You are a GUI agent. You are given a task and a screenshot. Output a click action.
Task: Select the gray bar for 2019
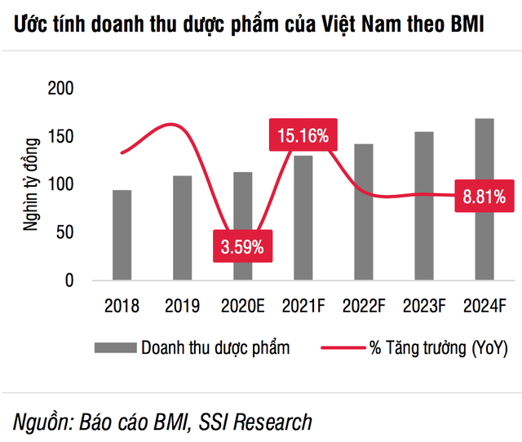pos(182,228)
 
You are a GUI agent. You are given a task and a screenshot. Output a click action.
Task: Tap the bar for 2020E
pos(243,204)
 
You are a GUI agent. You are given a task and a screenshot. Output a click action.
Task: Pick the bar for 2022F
pos(364,212)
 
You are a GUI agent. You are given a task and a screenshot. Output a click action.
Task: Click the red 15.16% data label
pos(303,136)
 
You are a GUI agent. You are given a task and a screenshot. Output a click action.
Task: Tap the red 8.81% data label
pos(483,196)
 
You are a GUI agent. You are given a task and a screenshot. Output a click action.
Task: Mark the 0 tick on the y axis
pos(69,281)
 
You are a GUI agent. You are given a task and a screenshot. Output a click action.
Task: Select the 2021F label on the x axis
pos(303,307)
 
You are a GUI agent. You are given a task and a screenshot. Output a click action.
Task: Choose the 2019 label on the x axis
pos(182,307)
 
